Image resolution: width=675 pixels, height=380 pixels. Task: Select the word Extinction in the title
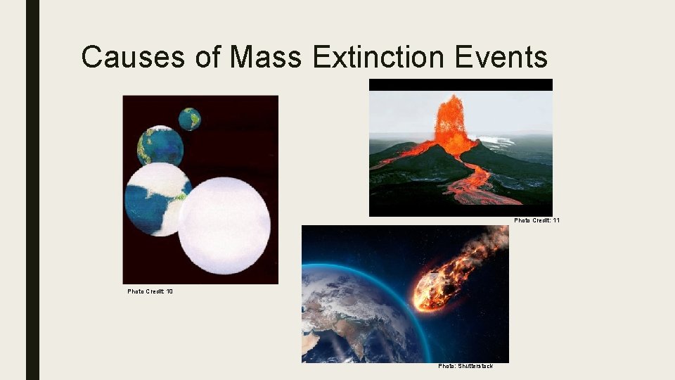click(x=380, y=56)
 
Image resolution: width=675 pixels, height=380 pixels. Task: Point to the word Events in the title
click(x=501, y=56)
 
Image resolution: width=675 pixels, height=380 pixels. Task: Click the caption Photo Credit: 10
click(x=150, y=291)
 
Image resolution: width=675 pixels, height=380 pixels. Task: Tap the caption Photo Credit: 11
click(x=536, y=220)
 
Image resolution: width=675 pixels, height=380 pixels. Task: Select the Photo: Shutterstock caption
click(x=465, y=366)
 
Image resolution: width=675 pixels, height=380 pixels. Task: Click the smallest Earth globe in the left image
click(x=189, y=119)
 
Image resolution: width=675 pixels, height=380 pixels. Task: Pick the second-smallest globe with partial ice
click(x=160, y=146)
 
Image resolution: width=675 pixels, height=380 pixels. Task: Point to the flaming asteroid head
click(x=430, y=289)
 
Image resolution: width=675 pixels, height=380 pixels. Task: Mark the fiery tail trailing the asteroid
click(x=478, y=253)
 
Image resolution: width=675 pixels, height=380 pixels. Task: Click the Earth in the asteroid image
click(x=352, y=317)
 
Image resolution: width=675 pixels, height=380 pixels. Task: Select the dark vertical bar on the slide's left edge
click(x=32, y=190)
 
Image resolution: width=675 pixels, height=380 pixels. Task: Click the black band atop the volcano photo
click(x=461, y=84)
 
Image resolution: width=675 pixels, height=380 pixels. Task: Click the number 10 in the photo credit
click(x=169, y=291)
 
